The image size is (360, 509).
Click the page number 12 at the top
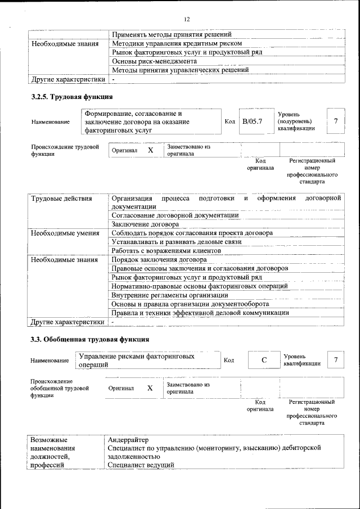187,20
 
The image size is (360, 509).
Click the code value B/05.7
252,121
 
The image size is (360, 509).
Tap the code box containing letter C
263,360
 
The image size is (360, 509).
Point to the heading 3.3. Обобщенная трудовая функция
89,340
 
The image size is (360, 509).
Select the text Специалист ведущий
141,465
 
